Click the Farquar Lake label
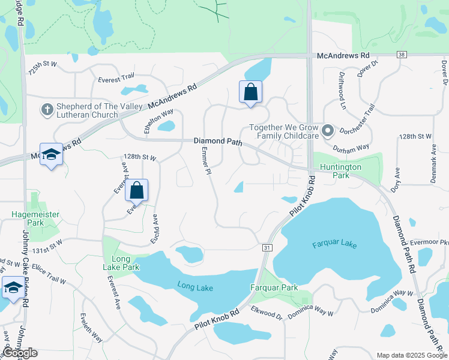tap(335, 245)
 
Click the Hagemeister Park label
tap(28, 218)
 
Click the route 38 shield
tap(402, 55)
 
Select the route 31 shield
tap(267, 247)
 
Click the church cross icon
tap(47, 109)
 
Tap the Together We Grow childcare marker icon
tap(327, 131)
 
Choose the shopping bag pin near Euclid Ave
tap(137, 190)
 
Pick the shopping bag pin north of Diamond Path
tap(250, 92)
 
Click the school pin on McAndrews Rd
tap(51, 154)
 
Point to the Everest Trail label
tap(116, 78)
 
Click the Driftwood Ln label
tap(343, 83)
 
